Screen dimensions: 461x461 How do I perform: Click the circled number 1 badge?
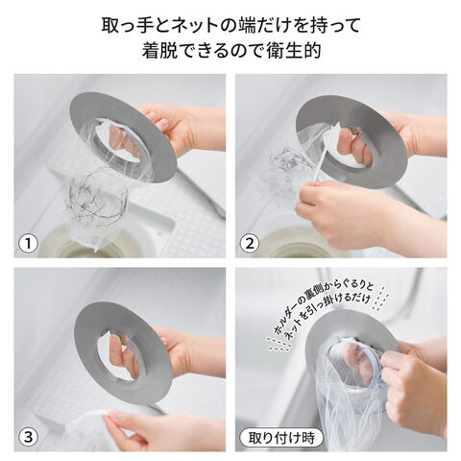tap(29, 243)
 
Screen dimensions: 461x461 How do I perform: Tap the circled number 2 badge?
tap(250, 243)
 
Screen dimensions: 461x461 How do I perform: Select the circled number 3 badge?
tap(29, 437)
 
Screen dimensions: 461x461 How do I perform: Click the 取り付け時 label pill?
tap(281, 438)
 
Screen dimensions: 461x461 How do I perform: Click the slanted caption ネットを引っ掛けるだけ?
tap(328, 320)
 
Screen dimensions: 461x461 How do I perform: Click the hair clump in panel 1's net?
tap(98, 195)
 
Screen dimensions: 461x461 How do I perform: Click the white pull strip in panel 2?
tap(321, 160)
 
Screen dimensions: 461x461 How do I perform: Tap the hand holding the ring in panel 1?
tap(180, 132)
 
